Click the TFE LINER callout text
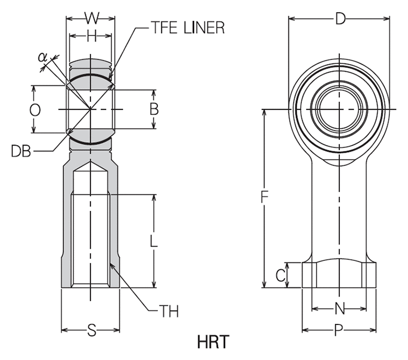[x=187, y=28]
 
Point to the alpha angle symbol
[x=42, y=57]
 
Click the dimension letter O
[x=34, y=110]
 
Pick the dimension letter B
[x=154, y=109]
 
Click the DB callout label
[x=21, y=151]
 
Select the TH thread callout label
[x=169, y=311]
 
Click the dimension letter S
[x=92, y=331]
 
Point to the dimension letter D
[x=340, y=19]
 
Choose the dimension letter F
[x=264, y=198]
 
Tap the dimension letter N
[x=340, y=308]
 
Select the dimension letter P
[x=339, y=331]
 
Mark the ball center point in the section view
[x=91, y=109]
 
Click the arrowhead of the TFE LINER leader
[x=110, y=79]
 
